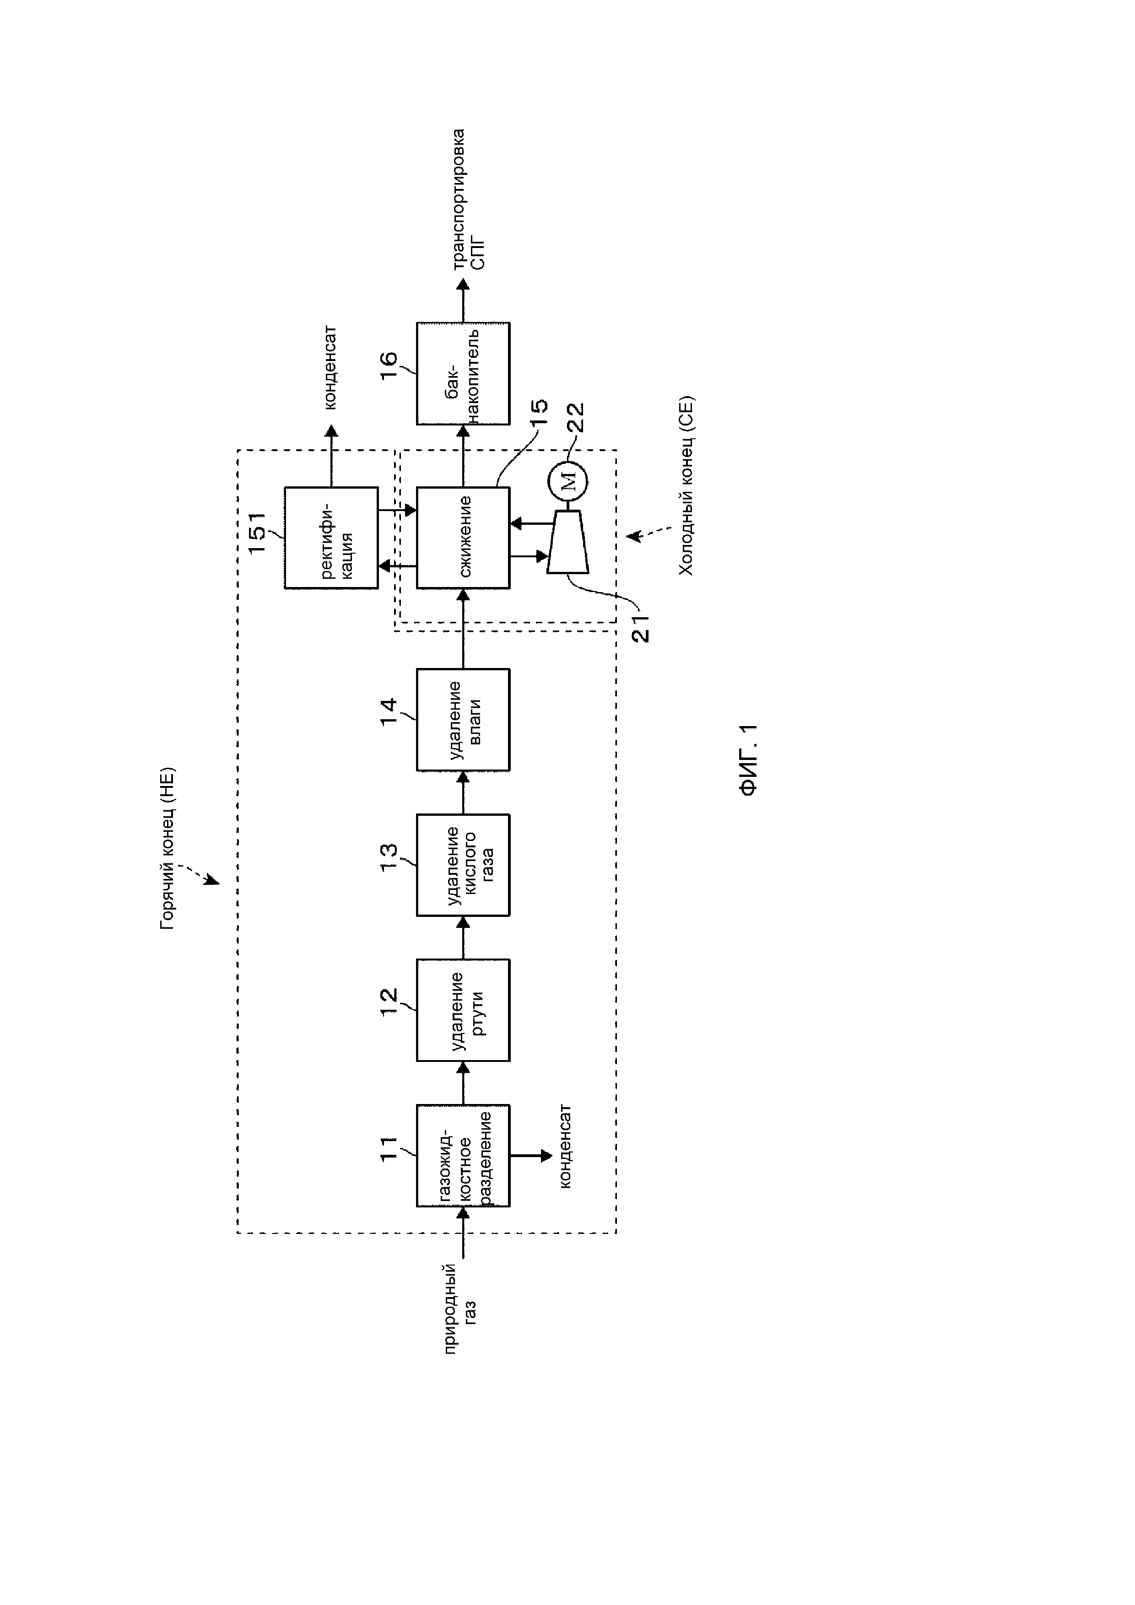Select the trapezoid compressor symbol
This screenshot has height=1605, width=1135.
tap(567, 542)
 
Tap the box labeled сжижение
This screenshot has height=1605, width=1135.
tap(463, 538)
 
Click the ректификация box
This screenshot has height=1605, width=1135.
tap(331, 538)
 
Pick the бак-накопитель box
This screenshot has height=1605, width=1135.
tap(463, 373)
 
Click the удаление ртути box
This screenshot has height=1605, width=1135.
tap(463, 1010)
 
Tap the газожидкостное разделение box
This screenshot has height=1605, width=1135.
tap(463, 1156)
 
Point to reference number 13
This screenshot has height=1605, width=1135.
tap(389, 856)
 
